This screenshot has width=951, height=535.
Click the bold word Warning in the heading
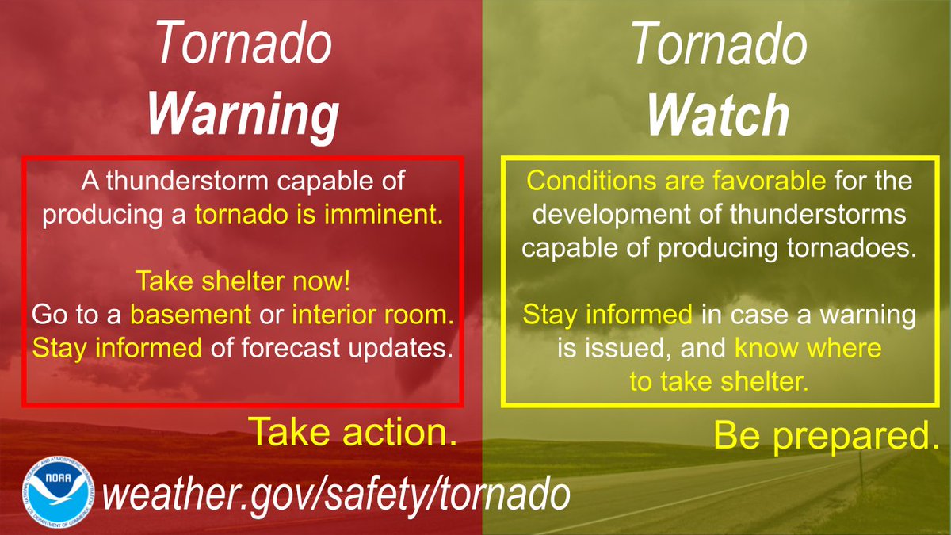[x=243, y=115]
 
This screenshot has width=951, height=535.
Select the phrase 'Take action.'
[x=353, y=432]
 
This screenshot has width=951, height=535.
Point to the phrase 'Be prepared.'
[x=821, y=435]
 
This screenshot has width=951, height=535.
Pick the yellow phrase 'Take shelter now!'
[x=243, y=281]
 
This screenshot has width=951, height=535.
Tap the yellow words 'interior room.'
[x=373, y=315]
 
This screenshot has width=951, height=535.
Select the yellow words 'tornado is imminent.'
[x=320, y=215]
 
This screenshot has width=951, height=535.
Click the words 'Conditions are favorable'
[x=676, y=182]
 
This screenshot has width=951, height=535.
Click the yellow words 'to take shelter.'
[x=718, y=382]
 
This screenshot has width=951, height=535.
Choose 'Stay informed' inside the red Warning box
[x=117, y=348]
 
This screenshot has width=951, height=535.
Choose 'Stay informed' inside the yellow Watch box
[x=606, y=315]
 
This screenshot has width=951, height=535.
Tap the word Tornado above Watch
[x=718, y=45]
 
